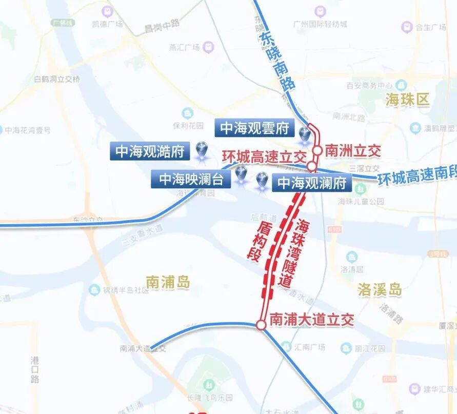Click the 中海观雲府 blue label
pos(254,128)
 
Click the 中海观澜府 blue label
pos(312,183)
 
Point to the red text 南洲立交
pos(354,150)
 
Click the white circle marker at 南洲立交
pos(317,150)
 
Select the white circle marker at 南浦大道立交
pos(261,325)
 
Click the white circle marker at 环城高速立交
pos(311,166)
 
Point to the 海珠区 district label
pos(407,101)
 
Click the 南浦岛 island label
pos(168,282)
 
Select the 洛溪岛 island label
pos(379,290)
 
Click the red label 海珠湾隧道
pos(292,251)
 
